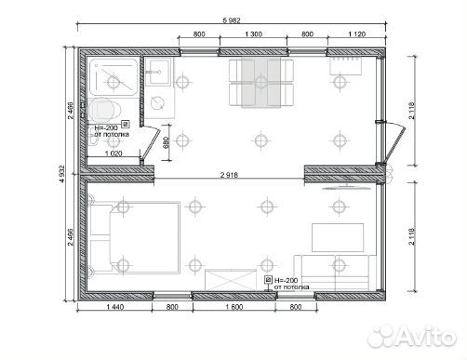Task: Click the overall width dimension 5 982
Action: point(232,20)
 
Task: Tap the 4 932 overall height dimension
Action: point(62,174)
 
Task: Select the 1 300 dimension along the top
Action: point(253,34)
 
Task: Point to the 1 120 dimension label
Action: point(357,34)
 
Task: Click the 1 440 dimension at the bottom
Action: point(115,307)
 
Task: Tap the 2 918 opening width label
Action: point(229,175)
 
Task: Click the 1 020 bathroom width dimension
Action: point(113,153)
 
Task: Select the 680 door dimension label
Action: point(166,142)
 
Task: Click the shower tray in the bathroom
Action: point(113,77)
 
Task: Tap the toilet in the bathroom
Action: point(104,110)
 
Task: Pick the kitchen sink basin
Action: point(158,73)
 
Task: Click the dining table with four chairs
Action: point(261,83)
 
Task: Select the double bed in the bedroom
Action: point(135,238)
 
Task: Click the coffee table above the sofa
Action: point(338,237)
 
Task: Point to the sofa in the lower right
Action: point(335,273)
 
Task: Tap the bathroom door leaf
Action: point(151,144)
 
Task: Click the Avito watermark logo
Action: point(412,337)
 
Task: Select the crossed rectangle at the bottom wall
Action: point(231,280)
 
